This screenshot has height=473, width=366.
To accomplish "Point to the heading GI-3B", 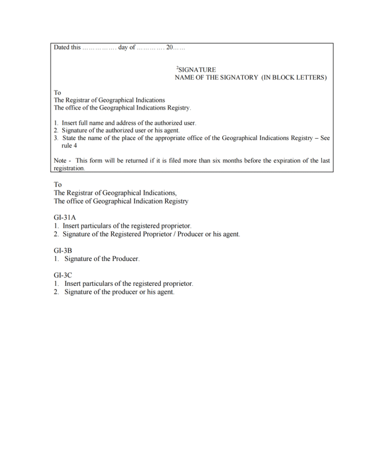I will (62, 250).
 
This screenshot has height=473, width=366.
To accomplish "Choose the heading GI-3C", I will (62, 275).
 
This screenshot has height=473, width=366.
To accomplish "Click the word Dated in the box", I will (61, 48).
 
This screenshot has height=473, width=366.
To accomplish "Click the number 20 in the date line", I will (170, 48).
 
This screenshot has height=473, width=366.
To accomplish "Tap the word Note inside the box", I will (60, 161).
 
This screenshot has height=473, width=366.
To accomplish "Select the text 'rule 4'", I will (69, 146).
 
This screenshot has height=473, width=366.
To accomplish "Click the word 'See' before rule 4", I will (325, 138).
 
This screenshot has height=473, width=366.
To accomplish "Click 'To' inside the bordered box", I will (57, 92).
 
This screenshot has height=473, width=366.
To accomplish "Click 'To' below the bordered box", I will (58, 184).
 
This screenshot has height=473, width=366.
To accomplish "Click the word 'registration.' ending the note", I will (70, 169).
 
